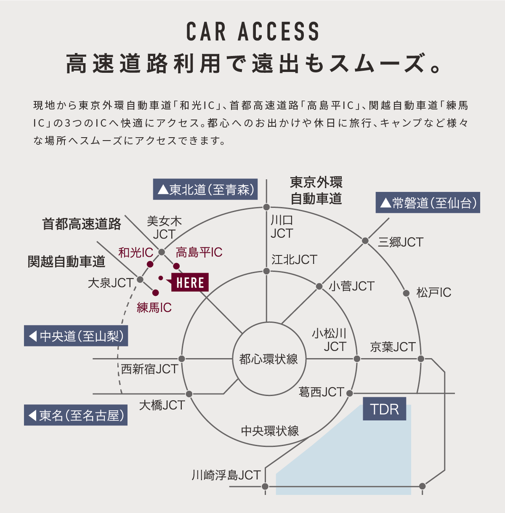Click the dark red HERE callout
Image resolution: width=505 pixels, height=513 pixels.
point(190,282)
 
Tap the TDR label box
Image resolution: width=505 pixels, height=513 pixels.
point(384,409)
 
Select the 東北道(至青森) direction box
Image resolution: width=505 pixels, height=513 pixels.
point(205,190)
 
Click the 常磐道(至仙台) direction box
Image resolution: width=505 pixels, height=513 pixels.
point(428,203)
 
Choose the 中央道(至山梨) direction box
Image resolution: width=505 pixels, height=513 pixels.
point(76,336)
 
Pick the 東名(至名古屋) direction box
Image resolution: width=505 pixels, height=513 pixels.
point(76,415)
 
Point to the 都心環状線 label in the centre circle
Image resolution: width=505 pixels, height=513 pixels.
point(268,359)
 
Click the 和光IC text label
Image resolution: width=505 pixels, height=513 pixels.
point(136,253)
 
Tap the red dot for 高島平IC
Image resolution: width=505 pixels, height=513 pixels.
point(176,266)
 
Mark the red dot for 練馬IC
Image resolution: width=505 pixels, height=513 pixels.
point(155,292)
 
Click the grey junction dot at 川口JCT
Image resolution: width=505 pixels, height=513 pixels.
point(266,207)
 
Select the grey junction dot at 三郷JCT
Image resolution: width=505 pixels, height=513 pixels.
point(365,241)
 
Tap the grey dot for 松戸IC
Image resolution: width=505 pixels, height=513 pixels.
point(406,293)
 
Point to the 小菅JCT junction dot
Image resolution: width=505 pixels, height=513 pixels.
point(319,286)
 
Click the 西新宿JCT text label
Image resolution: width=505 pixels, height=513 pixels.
point(149,369)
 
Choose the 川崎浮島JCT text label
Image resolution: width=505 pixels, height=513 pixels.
point(226,475)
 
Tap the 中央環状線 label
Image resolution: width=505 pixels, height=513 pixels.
point(270,431)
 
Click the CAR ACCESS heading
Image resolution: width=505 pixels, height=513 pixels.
point(252,32)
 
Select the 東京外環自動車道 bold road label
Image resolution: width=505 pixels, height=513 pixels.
point(316,190)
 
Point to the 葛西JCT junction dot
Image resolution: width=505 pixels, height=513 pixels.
point(349,393)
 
